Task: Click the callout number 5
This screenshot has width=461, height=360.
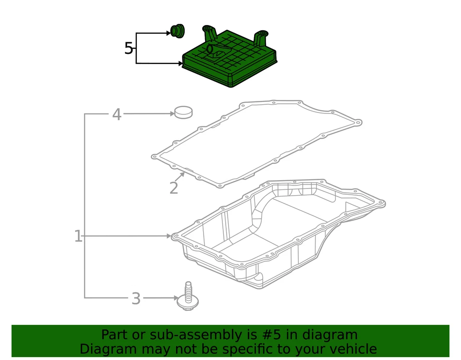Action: coord(128,49)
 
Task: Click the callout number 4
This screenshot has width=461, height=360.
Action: coord(117,114)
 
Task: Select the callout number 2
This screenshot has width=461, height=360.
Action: coord(173,188)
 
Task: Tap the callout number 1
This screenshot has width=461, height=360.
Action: coord(78,236)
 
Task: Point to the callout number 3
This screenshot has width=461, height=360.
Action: coord(136,298)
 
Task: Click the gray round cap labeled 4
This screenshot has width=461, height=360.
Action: coord(182,112)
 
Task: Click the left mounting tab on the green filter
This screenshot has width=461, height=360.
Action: coord(209,34)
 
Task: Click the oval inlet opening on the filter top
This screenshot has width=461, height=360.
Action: coord(209,49)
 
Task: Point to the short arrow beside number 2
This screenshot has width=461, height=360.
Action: coord(180,177)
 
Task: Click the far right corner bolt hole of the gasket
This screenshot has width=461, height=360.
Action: coord(358,123)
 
